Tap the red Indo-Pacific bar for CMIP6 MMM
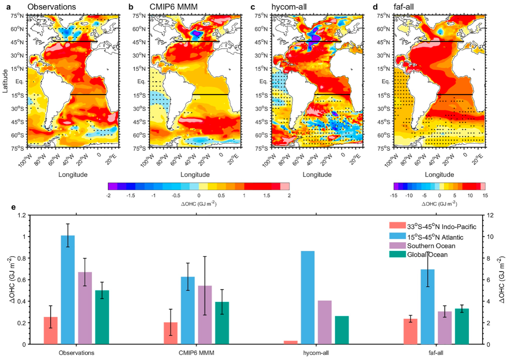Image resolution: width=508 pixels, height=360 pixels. click(170, 333)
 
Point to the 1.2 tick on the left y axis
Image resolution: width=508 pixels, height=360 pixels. click(22, 216)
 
